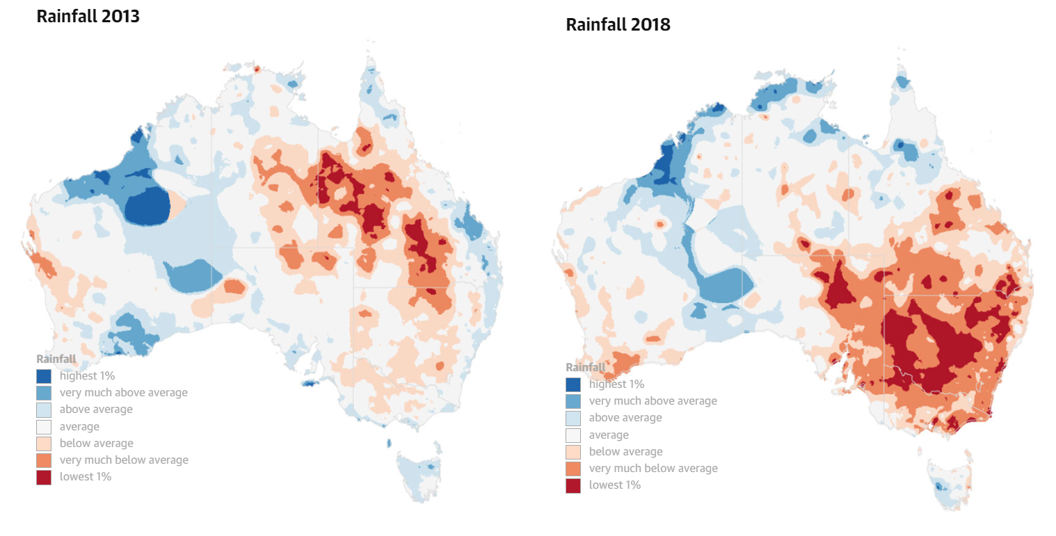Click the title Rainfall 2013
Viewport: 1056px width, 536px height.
(88, 17)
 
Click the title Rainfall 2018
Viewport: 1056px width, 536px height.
(618, 25)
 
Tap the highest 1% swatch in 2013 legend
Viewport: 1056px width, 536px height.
(44, 376)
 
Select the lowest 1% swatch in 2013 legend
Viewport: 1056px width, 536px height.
(44, 477)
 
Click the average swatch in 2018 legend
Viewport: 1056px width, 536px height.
(573, 435)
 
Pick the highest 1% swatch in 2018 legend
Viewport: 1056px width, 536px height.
(573, 384)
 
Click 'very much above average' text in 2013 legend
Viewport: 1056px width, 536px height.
(123, 393)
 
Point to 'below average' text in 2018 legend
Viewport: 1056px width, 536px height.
(625, 452)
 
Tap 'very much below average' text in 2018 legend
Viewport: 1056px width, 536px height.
(653, 469)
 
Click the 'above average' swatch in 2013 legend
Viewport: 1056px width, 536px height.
(44, 409)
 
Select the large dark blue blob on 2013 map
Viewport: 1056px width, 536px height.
(148, 206)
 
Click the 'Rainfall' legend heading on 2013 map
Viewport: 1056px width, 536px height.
(56, 359)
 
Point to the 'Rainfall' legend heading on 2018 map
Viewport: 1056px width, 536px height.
(586, 367)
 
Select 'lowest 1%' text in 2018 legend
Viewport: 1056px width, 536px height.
(614, 485)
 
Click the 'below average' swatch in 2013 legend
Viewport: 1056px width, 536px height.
(44, 444)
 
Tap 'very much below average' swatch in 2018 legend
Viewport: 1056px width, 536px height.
(573, 469)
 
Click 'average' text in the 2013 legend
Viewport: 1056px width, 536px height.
(79, 427)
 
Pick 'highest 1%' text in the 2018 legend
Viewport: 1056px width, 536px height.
(616, 384)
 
